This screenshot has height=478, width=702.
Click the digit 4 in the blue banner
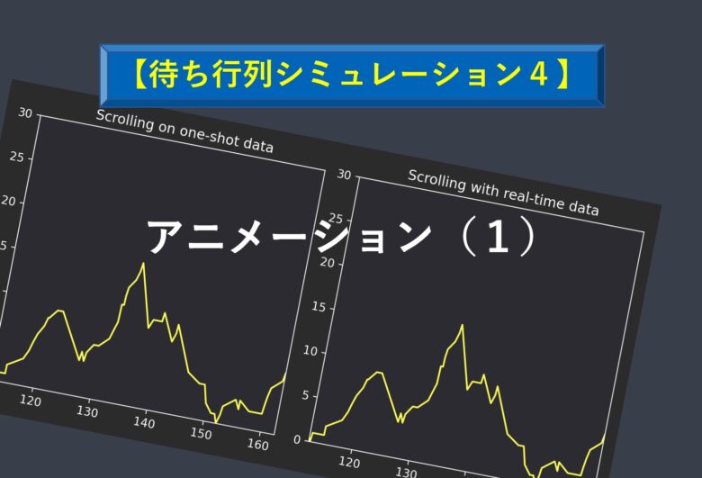coord(538,74)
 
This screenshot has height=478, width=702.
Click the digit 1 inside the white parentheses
coord(498,237)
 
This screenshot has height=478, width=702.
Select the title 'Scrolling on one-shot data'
coord(184,131)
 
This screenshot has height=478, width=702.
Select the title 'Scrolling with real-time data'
coord(503,193)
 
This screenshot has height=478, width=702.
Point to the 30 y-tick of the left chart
coord(25,113)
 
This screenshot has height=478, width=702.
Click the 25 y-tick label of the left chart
coord(16,157)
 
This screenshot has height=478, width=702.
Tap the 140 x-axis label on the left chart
coord(144,422)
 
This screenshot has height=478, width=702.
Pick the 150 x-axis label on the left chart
coord(201,433)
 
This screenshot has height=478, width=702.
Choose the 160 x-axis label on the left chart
coord(258,444)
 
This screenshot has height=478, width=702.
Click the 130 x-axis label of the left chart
coord(87,411)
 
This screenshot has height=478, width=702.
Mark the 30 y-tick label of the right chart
coord(344,175)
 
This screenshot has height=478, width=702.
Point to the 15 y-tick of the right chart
coord(319,307)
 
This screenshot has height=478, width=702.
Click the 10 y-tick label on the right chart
coord(310,351)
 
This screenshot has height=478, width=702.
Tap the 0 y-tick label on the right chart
coord(297,440)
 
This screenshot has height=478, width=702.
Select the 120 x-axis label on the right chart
coord(349,462)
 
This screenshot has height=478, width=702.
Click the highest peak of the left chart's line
coord(143,263)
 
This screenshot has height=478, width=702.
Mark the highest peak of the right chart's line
coord(462,325)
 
